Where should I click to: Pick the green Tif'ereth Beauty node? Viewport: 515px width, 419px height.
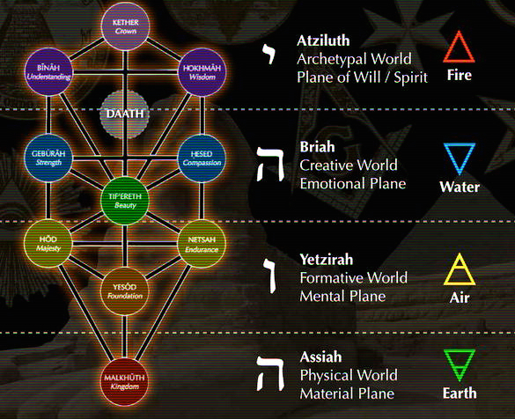(124, 199)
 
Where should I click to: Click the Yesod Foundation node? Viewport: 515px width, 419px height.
(124, 289)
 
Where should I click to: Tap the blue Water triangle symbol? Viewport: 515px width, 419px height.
(460, 159)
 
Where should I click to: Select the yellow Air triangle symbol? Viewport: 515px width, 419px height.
(460, 269)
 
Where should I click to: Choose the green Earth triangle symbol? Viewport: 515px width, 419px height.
(460, 364)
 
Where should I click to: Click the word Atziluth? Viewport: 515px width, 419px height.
(325, 40)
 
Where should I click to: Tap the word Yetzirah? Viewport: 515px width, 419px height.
(328, 261)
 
